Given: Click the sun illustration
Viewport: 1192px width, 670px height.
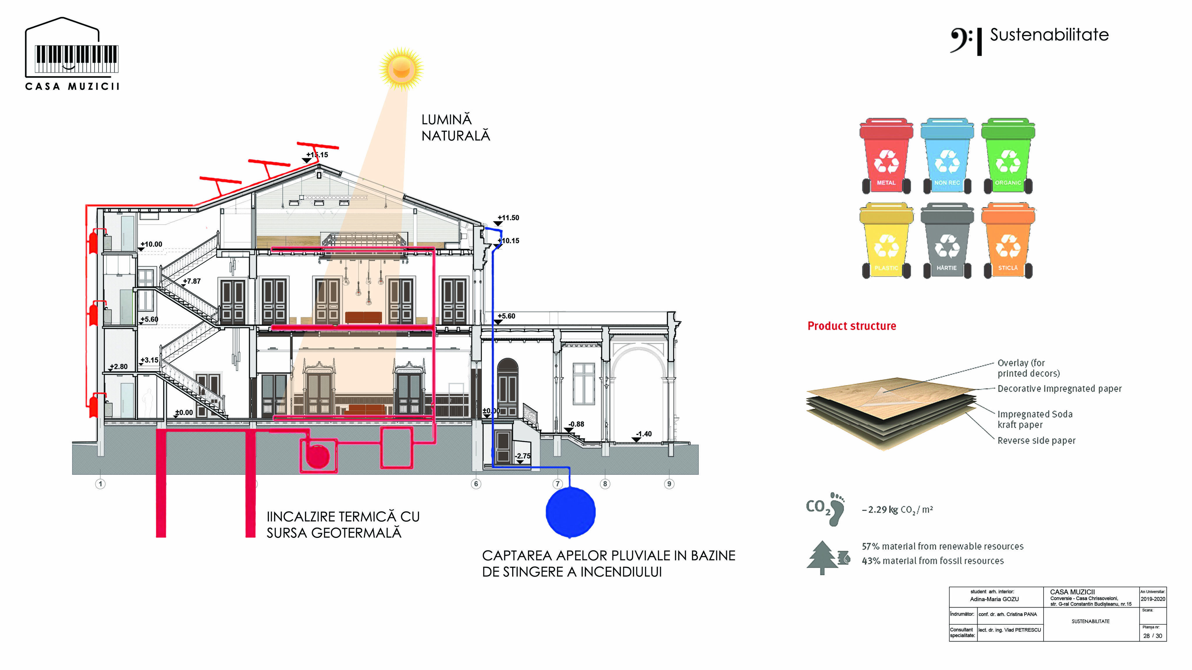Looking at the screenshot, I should click(401, 68).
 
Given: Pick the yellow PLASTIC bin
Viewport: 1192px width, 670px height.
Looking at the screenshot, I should click(886, 241).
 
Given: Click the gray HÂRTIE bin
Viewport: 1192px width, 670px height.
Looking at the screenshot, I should click(947, 241).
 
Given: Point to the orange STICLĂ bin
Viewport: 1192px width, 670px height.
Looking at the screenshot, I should click(1008, 241).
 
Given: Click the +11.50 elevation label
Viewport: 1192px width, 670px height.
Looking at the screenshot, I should click(508, 218).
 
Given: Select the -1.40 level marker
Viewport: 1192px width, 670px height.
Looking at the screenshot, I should click(643, 434).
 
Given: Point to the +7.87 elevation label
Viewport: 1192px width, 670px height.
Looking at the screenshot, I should click(191, 281).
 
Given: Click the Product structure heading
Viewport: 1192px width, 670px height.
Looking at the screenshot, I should click(852, 326).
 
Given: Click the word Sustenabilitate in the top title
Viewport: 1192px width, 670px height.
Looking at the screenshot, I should click(1049, 35).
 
